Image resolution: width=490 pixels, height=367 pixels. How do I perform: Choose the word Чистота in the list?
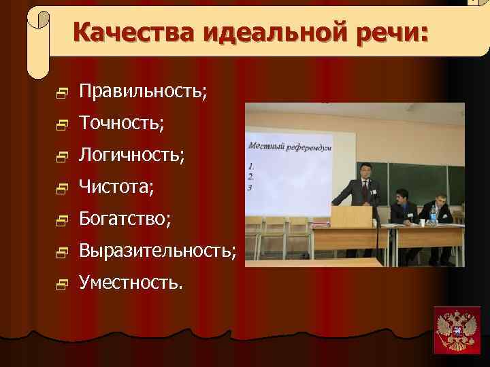point(116,186)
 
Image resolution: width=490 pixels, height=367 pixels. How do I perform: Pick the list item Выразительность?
point(157,251)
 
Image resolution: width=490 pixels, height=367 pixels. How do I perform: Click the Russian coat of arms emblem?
point(457,330)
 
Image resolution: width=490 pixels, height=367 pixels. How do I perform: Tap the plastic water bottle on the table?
point(433,215)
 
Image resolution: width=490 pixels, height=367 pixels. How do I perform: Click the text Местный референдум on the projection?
point(281,147)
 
